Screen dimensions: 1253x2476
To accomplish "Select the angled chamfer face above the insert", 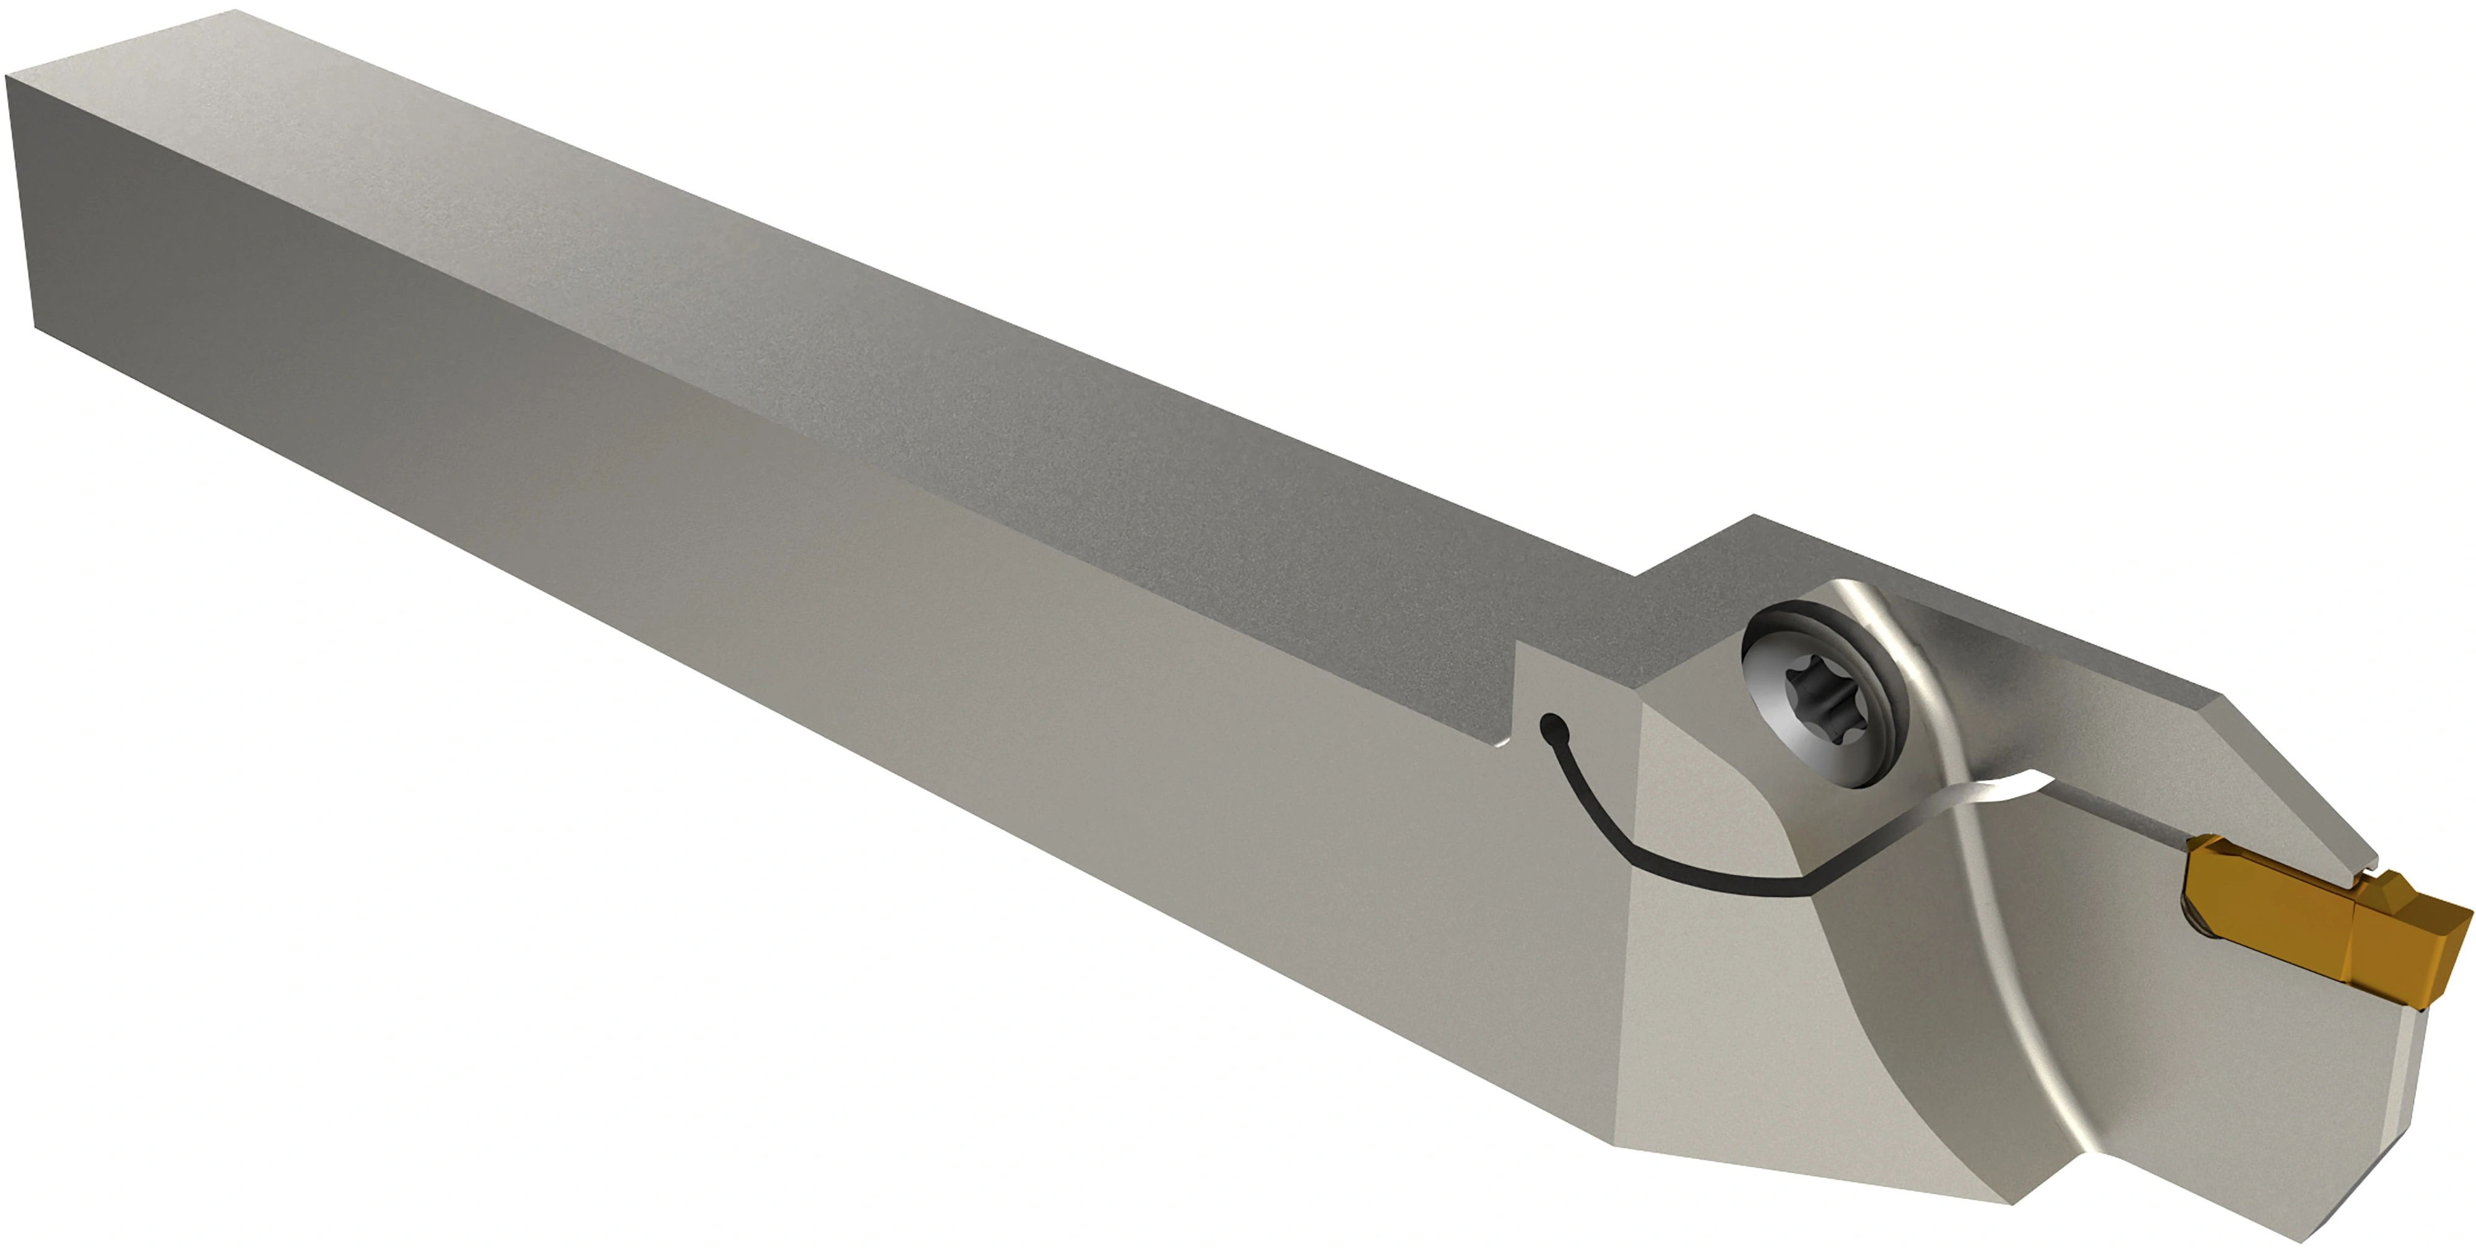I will (2297, 770).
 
